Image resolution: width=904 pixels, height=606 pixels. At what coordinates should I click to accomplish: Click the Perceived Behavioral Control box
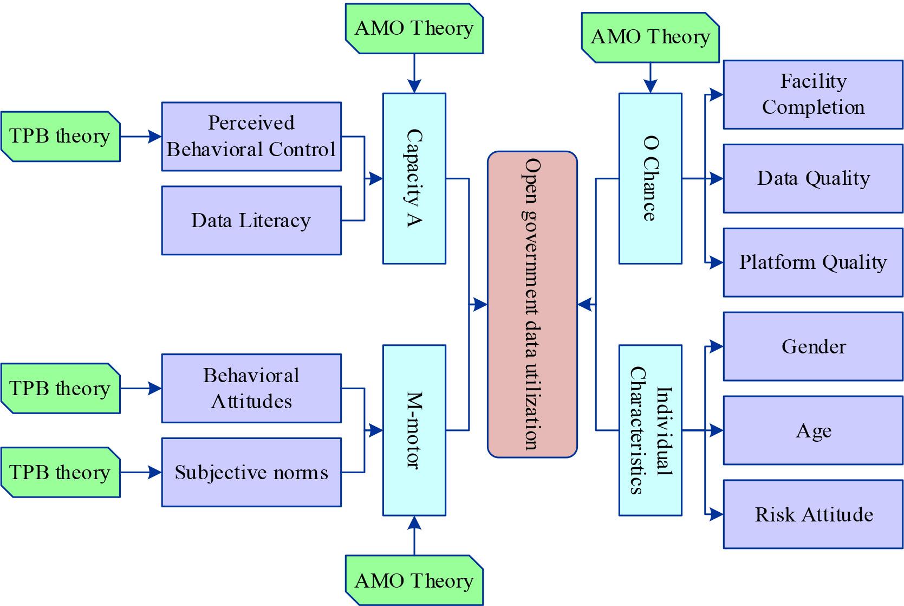coord(251,136)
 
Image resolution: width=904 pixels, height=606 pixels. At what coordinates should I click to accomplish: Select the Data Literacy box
coord(251,220)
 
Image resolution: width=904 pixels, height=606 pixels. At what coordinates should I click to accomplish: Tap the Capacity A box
coord(414,178)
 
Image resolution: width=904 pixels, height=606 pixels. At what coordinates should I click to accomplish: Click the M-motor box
coord(414,430)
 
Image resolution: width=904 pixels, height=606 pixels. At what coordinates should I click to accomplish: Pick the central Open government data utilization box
coord(532,304)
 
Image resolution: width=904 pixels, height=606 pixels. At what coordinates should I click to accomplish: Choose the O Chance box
coord(650,178)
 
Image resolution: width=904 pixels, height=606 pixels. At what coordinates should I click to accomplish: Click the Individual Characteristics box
coord(650,430)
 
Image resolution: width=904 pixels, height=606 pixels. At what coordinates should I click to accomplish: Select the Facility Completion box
coord(813,94)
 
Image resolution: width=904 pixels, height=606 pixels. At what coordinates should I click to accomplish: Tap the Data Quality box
coord(813,178)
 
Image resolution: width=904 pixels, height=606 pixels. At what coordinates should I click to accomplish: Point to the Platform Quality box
coord(813,262)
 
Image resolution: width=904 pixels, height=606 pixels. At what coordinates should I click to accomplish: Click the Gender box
coord(813,346)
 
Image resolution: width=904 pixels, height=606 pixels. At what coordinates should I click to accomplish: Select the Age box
coord(813,430)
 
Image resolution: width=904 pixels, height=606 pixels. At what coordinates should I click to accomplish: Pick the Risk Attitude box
coord(813,514)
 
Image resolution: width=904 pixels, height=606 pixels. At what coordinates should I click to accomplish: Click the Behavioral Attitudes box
coord(251,388)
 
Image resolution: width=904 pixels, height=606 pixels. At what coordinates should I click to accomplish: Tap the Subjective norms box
coord(251,472)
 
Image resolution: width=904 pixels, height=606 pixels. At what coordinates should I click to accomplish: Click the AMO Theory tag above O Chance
coord(650,37)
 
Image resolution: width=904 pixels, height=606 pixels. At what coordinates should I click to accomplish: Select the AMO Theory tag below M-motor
coord(414,581)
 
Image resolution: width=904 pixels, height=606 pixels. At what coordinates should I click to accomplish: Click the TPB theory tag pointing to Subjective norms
coord(60,472)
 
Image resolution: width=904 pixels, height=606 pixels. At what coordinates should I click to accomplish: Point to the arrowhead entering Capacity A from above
coord(414,87)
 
